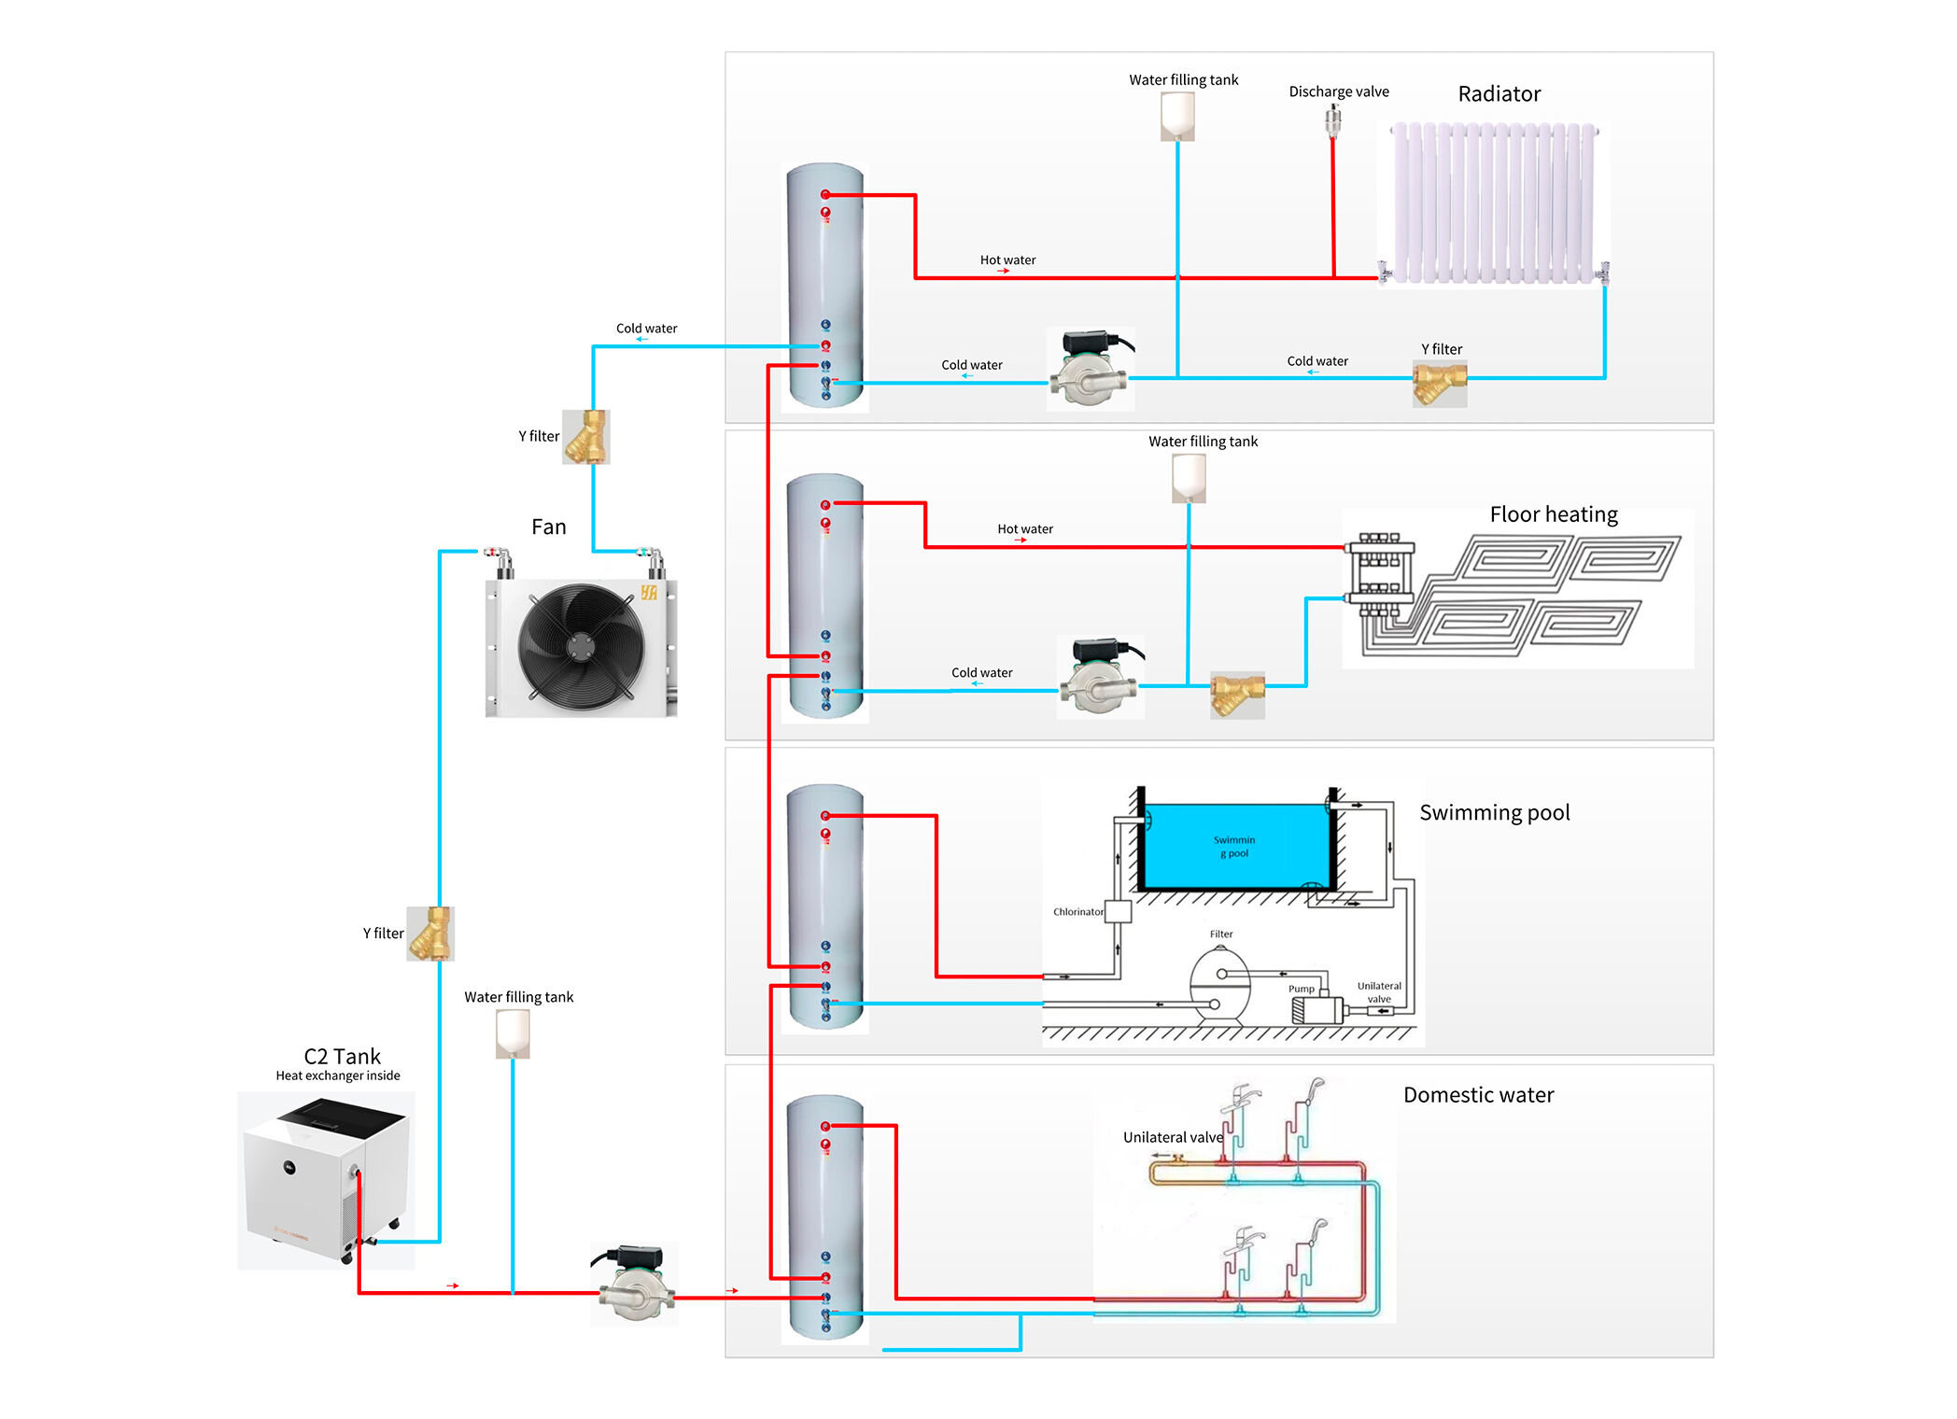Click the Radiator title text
point(1499,94)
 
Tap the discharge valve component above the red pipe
point(1332,120)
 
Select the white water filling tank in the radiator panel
point(1177,116)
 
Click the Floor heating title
point(1553,514)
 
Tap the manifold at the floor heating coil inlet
point(1379,574)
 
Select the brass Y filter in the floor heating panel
point(1236,693)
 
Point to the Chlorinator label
point(1077,912)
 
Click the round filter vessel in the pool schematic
point(1218,985)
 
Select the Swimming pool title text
point(1494,812)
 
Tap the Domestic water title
point(1478,1095)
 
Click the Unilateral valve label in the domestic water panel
point(1173,1137)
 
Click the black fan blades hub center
point(581,644)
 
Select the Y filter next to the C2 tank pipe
point(430,934)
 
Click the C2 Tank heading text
point(342,1057)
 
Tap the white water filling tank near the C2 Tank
point(513,1033)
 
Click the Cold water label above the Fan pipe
point(646,329)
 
